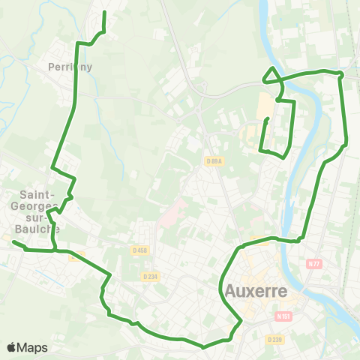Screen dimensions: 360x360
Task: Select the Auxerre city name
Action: point(256,290)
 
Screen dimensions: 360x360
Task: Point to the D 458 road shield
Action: point(138,250)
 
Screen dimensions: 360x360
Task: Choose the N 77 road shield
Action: point(313,263)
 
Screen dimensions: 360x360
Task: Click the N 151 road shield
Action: point(283,316)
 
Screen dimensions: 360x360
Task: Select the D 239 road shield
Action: point(274,339)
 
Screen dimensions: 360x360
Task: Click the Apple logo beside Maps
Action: point(11,347)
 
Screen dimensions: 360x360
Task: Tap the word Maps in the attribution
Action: point(32,347)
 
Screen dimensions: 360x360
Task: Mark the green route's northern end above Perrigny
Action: point(103,13)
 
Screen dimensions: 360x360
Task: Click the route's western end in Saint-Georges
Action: point(13,241)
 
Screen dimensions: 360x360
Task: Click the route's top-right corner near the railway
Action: point(341,74)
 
